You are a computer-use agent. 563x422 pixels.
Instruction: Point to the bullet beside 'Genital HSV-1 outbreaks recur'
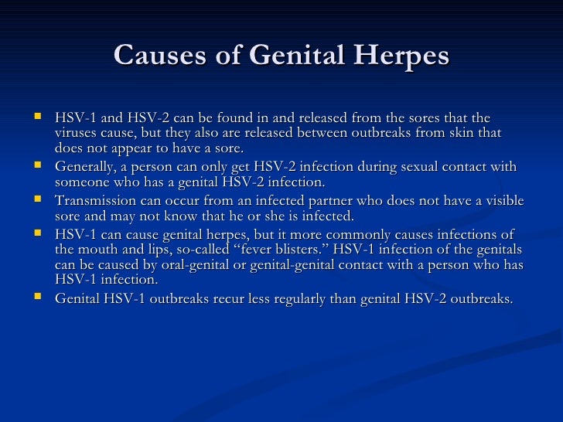(x=39, y=297)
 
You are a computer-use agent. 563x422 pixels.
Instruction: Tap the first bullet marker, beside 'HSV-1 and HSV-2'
(x=39, y=117)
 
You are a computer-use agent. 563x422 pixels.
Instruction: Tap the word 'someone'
(x=82, y=182)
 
